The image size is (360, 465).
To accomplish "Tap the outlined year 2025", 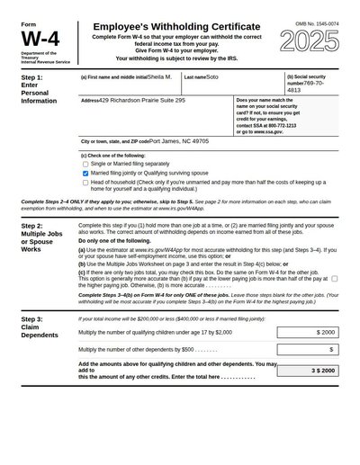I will (310, 41).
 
